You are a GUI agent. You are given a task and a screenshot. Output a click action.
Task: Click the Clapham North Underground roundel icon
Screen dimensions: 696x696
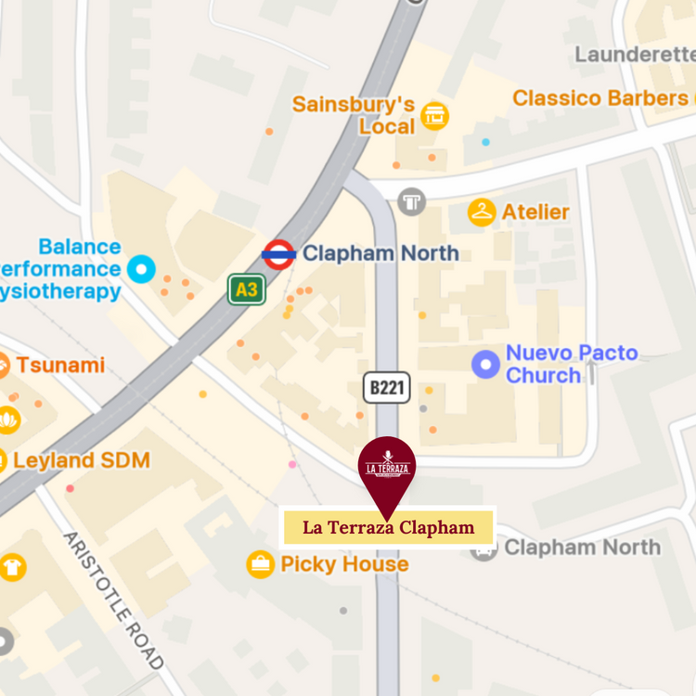pos(278,253)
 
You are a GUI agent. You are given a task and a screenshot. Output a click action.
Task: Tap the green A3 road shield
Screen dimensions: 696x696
pos(247,290)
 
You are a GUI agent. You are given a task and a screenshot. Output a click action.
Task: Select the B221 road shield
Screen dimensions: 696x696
pos(386,388)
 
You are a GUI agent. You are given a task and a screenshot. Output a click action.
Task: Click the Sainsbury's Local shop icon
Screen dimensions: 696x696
pos(434,115)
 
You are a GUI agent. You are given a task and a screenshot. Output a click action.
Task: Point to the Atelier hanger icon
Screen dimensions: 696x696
pos(482,213)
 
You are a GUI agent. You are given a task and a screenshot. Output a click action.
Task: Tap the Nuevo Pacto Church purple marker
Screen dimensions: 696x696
pos(485,365)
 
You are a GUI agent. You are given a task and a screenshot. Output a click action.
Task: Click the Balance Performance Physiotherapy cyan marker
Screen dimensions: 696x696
pos(141,269)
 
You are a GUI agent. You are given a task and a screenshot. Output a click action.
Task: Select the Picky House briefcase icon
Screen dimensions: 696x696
pos(260,564)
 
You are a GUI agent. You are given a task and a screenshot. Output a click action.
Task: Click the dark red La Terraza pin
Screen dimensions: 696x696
pos(387,469)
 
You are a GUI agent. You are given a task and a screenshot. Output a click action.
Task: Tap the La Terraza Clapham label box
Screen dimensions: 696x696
pos(388,528)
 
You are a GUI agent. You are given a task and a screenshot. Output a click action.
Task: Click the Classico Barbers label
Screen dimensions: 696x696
pos(599,97)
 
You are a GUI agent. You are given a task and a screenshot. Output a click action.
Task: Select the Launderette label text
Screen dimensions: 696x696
pos(635,55)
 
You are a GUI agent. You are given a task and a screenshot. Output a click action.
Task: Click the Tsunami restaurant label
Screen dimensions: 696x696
pos(59,365)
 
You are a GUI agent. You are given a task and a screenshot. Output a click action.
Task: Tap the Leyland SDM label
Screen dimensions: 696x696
pos(81,460)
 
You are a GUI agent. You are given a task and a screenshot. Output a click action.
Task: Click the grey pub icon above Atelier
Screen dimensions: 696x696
pos(411,200)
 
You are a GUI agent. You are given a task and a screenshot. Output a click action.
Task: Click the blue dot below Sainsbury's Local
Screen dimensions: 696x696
pos(485,142)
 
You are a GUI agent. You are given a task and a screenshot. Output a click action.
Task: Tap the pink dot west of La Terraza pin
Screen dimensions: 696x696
pos(292,464)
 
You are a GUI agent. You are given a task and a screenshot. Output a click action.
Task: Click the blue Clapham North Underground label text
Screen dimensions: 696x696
pos(380,252)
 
